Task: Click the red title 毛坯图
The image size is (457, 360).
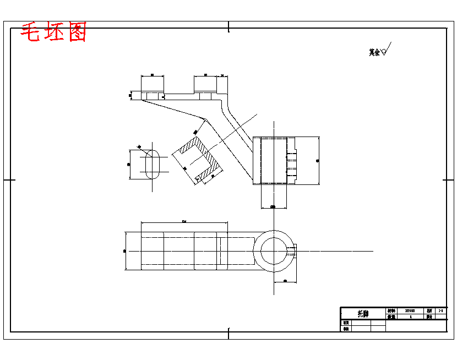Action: [53, 33]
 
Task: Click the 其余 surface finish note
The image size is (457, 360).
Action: [374, 52]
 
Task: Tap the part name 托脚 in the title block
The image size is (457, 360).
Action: [363, 314]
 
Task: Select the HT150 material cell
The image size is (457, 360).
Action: [410, 310]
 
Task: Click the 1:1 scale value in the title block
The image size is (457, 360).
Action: [440, 310]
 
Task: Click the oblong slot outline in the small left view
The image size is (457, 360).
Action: [153, 163]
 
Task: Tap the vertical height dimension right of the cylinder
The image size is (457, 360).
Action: [318, 160]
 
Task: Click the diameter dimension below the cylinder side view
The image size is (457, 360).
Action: [273, 207]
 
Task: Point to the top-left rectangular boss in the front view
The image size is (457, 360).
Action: [152, 85]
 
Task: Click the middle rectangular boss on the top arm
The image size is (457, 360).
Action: [204, 85]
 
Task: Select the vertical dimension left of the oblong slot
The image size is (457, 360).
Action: [129, 164]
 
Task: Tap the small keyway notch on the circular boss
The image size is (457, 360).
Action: [292, 250]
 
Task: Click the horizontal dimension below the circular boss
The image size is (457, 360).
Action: [285, 281]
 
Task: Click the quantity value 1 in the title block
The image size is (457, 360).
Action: [410, 317]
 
